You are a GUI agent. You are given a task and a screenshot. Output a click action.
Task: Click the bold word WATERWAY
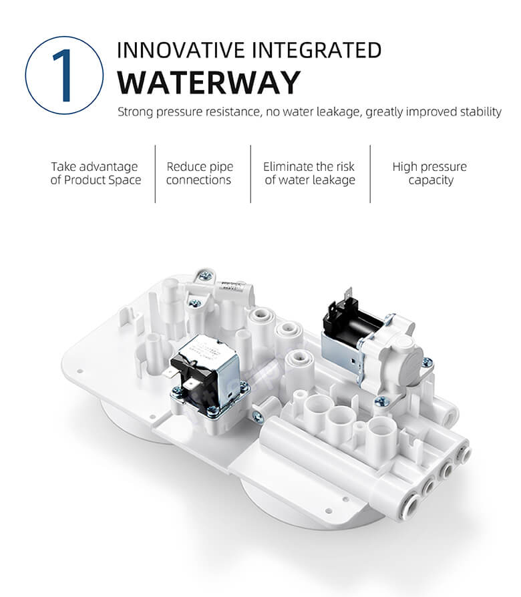(x=208, y=83)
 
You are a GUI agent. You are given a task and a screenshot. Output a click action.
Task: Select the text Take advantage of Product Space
(x=96, y=173)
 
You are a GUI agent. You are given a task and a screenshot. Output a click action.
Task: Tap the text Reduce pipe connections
(x=199, y=173)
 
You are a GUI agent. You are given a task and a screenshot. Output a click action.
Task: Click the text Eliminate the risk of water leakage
(x=310, y=173)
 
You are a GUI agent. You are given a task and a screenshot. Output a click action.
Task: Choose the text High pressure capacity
(x=430, y=173)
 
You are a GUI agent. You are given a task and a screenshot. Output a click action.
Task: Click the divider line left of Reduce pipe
(x=155, y=174)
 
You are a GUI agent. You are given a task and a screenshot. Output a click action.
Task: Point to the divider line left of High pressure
(x=370, y=174)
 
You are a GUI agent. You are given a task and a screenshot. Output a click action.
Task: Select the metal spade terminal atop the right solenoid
(x=348, y=296)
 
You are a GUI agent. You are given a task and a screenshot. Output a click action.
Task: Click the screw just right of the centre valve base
(x=258, y=417)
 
